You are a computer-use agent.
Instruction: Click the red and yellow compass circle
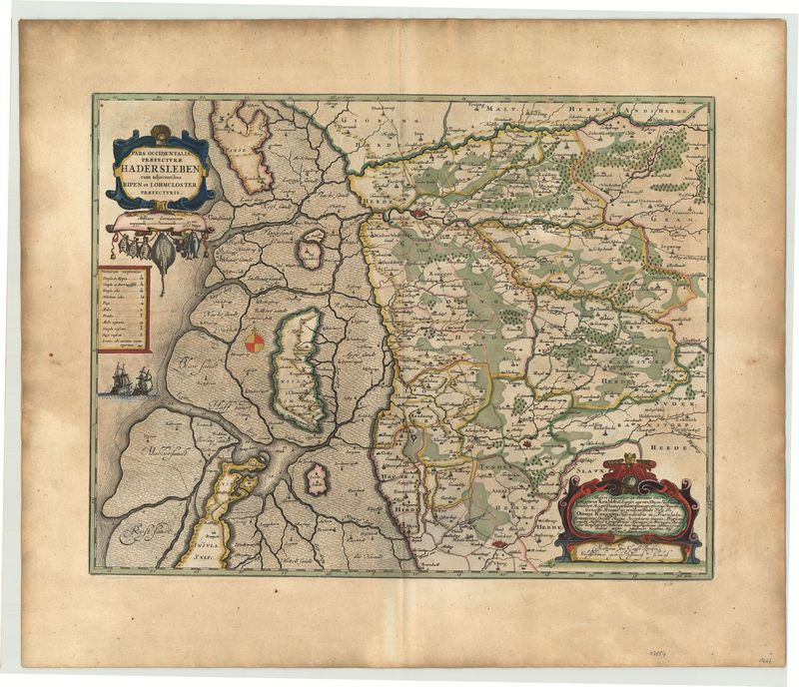tap(256, 343)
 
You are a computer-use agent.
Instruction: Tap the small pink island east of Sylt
tap(318, 478)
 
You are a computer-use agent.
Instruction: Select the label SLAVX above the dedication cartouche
tap(595, 458)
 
